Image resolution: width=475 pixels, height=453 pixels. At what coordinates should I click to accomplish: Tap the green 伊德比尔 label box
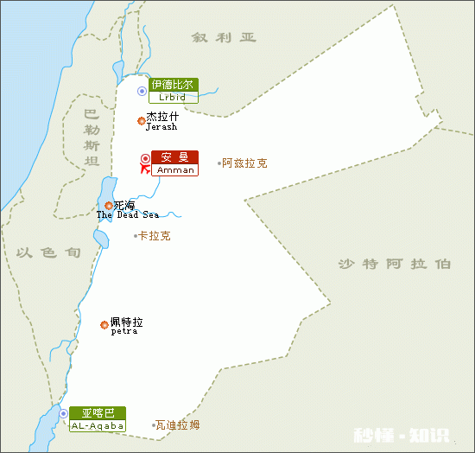click(x=173, y=85)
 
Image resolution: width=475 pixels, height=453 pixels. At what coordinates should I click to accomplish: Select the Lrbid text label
click(x=173, y=98)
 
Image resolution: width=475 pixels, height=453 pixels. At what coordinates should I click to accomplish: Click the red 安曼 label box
click(x=174, y=157)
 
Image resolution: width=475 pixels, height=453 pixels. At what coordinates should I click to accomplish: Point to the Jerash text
click(x=161, y=127)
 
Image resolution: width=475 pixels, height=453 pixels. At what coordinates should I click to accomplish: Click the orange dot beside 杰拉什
click(x=142, y=121)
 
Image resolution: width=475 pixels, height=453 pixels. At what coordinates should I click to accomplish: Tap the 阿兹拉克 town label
click(x=244, y=163)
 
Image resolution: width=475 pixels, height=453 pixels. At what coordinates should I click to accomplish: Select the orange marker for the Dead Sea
click(x=108, y=206)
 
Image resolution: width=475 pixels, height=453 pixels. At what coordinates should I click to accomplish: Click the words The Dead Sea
click(x=128, y=215)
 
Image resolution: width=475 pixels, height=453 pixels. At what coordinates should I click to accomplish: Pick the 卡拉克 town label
click(x=155, y=235)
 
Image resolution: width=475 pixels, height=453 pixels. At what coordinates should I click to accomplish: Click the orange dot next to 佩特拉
click(x=104, y=325)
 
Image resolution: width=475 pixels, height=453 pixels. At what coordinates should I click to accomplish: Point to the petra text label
click(x=124, y=331)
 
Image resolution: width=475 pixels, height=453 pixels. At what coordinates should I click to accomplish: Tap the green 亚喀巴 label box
click(x=98, y=413)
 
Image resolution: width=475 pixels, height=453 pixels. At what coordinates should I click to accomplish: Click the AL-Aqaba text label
click(x=98, y=426)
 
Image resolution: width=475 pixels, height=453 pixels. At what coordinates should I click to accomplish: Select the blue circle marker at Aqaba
click(x=64, y=414)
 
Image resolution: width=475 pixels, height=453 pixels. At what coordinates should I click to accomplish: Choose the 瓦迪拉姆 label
click(x=178, y=425)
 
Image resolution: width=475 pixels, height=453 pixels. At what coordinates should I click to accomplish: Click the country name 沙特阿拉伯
click(x=394, y=265)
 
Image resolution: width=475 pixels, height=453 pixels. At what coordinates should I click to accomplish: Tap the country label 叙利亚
click(x=225, y=38)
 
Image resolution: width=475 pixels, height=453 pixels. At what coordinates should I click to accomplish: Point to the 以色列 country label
click(x=48, y=252)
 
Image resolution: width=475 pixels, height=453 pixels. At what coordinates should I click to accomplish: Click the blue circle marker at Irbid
click(x=142, y=91)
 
